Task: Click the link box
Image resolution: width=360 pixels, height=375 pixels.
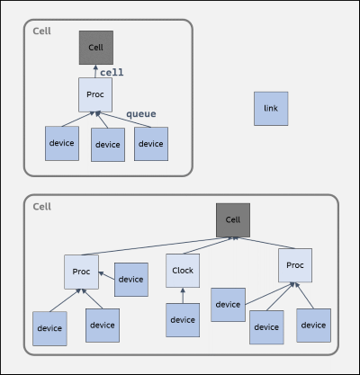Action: pos(271,109)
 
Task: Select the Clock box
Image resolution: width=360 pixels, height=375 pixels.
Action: pos(183,271)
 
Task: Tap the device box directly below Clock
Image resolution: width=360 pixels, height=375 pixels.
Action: pos(183,320)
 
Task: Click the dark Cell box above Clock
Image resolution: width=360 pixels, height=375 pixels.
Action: pos(233,220)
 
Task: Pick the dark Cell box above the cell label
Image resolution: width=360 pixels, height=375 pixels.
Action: pos(96,48)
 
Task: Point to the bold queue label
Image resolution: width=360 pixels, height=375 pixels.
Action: pos(141,114)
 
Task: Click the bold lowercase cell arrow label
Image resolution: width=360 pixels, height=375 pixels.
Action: pos(112,72)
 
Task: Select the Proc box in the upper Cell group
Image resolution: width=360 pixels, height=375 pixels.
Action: pos(95,94)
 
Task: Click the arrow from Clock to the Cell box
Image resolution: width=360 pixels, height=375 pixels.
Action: pos(209,246)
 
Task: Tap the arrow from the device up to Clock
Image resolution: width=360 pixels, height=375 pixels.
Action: pos(183,296)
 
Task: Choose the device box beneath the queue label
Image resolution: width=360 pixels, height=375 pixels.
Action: pos(151,144)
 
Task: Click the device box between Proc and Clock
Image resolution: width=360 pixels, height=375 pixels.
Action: pos(131,280)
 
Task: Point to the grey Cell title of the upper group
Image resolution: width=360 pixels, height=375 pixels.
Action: pos(41,31)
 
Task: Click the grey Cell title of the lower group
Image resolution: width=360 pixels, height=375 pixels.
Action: pos(41,207)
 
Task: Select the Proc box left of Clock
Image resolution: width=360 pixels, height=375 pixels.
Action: pos(81,272)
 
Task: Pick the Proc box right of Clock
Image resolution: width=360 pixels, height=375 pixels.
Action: pos(295,265)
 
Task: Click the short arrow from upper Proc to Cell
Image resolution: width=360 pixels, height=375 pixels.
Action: pos(95,71)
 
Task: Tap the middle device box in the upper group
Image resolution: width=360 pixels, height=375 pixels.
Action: pos(108,145)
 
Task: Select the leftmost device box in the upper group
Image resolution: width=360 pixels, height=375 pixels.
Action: pos(62,143)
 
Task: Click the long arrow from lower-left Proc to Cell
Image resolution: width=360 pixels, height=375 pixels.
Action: pos(156,246)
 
